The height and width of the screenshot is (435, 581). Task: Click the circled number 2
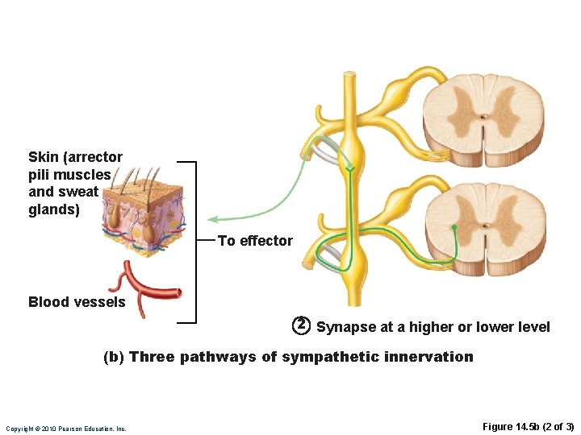click(300, 325)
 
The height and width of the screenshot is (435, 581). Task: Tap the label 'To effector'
click(255, 241)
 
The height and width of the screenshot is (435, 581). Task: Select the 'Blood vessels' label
click(77, 302)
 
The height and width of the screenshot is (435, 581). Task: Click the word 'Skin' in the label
click(42, 157)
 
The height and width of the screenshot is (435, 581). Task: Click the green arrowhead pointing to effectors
click(211, 218)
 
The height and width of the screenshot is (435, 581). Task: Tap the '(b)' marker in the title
click(114, 357)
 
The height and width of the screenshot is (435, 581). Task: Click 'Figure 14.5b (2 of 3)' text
click(528, 427)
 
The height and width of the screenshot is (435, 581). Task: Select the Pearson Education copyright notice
click(66, 429)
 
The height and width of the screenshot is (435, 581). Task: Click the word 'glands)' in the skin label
click(54, 209)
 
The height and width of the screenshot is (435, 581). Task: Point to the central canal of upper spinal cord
click(483, 116)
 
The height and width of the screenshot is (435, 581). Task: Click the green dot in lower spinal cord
click(454, 228)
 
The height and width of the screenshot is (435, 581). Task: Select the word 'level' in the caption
click(534, 327)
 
